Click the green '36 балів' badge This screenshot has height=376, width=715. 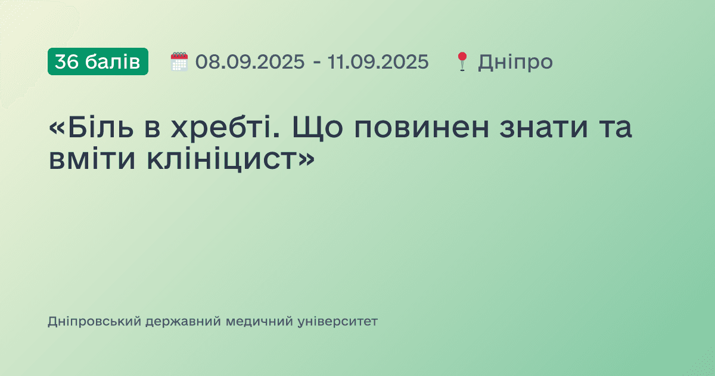coord(98,61)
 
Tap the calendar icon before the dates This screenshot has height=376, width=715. coord(179,61)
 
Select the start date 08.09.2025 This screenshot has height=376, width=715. coord(250,61)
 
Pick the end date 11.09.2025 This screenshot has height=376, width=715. coord(378,61)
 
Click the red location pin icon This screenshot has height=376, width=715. coord(462,61)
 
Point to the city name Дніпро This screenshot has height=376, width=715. coord(515,61)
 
